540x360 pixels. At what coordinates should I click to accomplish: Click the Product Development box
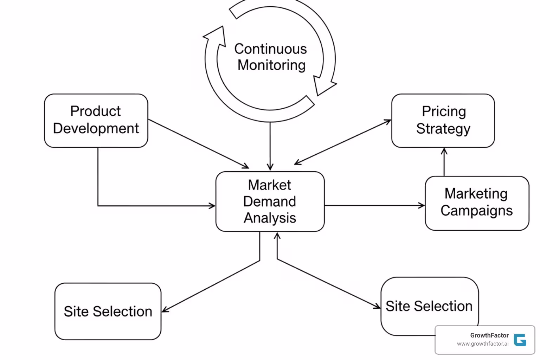96,120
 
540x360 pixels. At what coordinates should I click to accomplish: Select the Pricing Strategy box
443,120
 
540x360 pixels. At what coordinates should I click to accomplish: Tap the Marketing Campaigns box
477,203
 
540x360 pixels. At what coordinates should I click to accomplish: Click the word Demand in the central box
270,201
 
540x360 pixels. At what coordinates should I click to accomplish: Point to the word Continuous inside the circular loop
270,49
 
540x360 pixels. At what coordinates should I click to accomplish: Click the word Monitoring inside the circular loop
271,65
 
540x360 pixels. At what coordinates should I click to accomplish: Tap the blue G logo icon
520,340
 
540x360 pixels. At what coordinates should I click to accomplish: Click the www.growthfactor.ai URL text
482,344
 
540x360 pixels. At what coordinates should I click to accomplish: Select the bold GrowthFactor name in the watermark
489,335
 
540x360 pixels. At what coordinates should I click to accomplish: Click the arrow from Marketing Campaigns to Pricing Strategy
444,162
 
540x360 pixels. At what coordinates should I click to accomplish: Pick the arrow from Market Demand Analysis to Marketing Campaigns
374,205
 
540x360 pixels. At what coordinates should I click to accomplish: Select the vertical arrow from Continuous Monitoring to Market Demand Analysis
270,146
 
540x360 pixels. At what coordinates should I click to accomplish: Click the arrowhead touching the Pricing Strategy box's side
387,122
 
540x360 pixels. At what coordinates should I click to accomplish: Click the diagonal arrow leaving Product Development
198,144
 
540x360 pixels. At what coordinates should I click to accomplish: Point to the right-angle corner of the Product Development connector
98,205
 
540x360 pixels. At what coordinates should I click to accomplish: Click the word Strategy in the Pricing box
443,129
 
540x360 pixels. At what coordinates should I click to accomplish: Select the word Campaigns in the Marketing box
476,211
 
